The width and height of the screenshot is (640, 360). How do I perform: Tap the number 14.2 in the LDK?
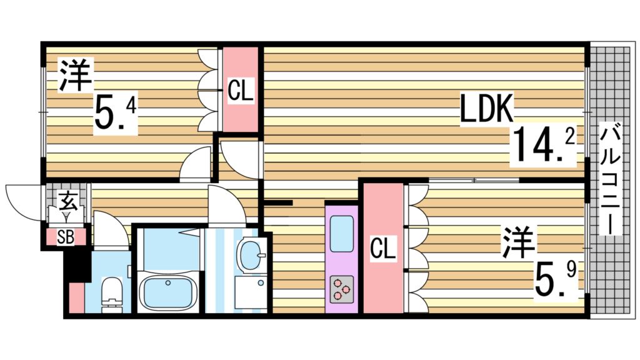point(543,144)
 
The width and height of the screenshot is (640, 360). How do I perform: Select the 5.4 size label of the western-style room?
point(116,111)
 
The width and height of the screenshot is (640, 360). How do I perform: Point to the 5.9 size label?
point(556,278)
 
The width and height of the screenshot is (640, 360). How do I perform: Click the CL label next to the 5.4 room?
point(241,90)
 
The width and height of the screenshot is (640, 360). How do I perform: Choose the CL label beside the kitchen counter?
point(383,247)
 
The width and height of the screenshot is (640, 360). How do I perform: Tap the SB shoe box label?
point(66,237)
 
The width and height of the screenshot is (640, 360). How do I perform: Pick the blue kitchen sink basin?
point(342,234)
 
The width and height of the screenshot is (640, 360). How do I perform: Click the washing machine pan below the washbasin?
point(251,292)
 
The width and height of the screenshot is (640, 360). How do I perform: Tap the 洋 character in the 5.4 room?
point(76,74)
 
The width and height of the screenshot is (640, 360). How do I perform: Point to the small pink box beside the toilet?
point(76,297)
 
